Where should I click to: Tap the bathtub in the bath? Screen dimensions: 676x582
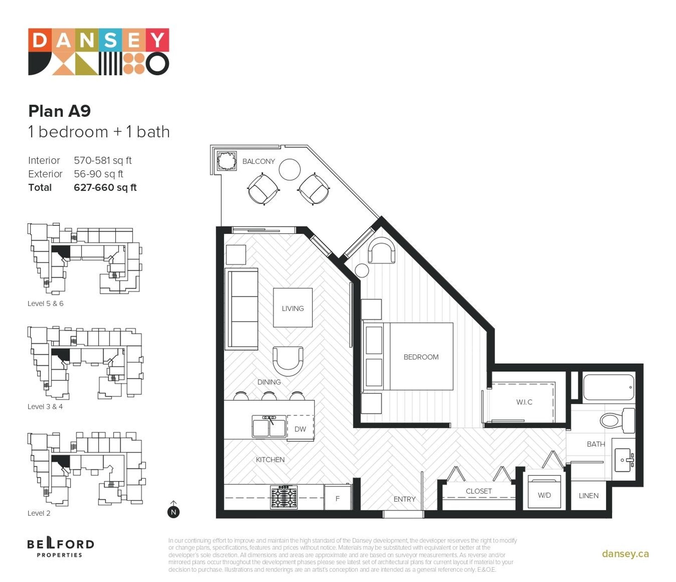[609, 387]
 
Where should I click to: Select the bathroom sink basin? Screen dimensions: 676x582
[624, 460]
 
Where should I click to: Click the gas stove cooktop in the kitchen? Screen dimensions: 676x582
[284, 497]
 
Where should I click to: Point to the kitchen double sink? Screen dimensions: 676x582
[269, 426]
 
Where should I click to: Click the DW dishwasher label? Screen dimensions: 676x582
[300, 429]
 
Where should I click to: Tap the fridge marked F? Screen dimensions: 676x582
[337, 498]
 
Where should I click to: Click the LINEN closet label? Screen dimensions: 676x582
[588, 495]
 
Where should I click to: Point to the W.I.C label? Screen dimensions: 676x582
[524, 402]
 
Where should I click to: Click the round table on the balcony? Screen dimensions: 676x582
[289, 169]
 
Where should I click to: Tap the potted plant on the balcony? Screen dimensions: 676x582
[226, 161]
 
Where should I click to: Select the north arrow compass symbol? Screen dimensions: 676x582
[173, 509]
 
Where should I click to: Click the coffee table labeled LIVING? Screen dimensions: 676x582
[293, 308]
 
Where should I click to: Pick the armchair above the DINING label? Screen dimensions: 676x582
[288, 361]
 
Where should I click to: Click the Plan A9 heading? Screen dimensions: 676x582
[60, 111]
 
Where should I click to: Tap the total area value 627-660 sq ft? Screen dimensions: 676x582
[105, 188]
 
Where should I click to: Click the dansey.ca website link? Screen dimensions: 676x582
[625, 553]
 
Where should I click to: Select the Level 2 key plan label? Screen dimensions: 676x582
[39, 513]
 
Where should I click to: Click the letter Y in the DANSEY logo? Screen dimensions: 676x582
[157, 40]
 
